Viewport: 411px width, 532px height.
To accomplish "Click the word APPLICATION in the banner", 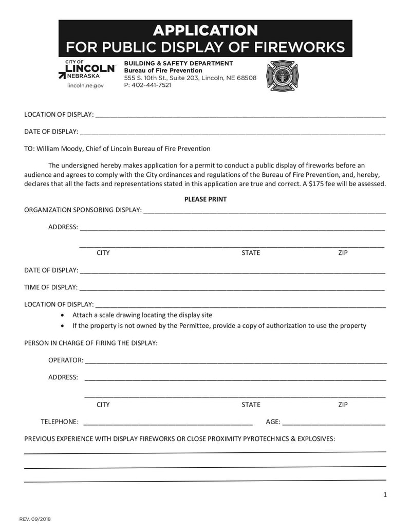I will click(205, 30).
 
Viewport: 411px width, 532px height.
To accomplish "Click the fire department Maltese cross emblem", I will click(282, 76).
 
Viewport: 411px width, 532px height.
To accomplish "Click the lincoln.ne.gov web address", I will click(85, 86).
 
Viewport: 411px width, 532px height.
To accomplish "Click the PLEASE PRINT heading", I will click(205, 199).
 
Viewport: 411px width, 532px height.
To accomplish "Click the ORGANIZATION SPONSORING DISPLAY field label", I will click(83, 210).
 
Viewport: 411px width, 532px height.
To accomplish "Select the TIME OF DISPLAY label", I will click(51, 287).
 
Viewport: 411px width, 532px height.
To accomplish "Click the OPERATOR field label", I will click(65, 360).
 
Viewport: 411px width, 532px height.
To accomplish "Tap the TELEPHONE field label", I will click(60, 422).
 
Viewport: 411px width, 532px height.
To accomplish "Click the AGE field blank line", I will click(333, 424).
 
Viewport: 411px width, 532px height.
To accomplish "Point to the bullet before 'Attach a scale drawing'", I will click(63, 315).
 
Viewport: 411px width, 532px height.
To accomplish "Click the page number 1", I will click(385, 495).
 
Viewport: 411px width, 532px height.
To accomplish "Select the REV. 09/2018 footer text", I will click(35, 519).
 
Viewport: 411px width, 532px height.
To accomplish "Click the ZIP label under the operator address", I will click(343, 405).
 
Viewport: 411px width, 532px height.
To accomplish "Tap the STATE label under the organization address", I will click(251, 253).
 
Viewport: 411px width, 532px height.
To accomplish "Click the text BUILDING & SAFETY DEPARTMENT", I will click(178, 63).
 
